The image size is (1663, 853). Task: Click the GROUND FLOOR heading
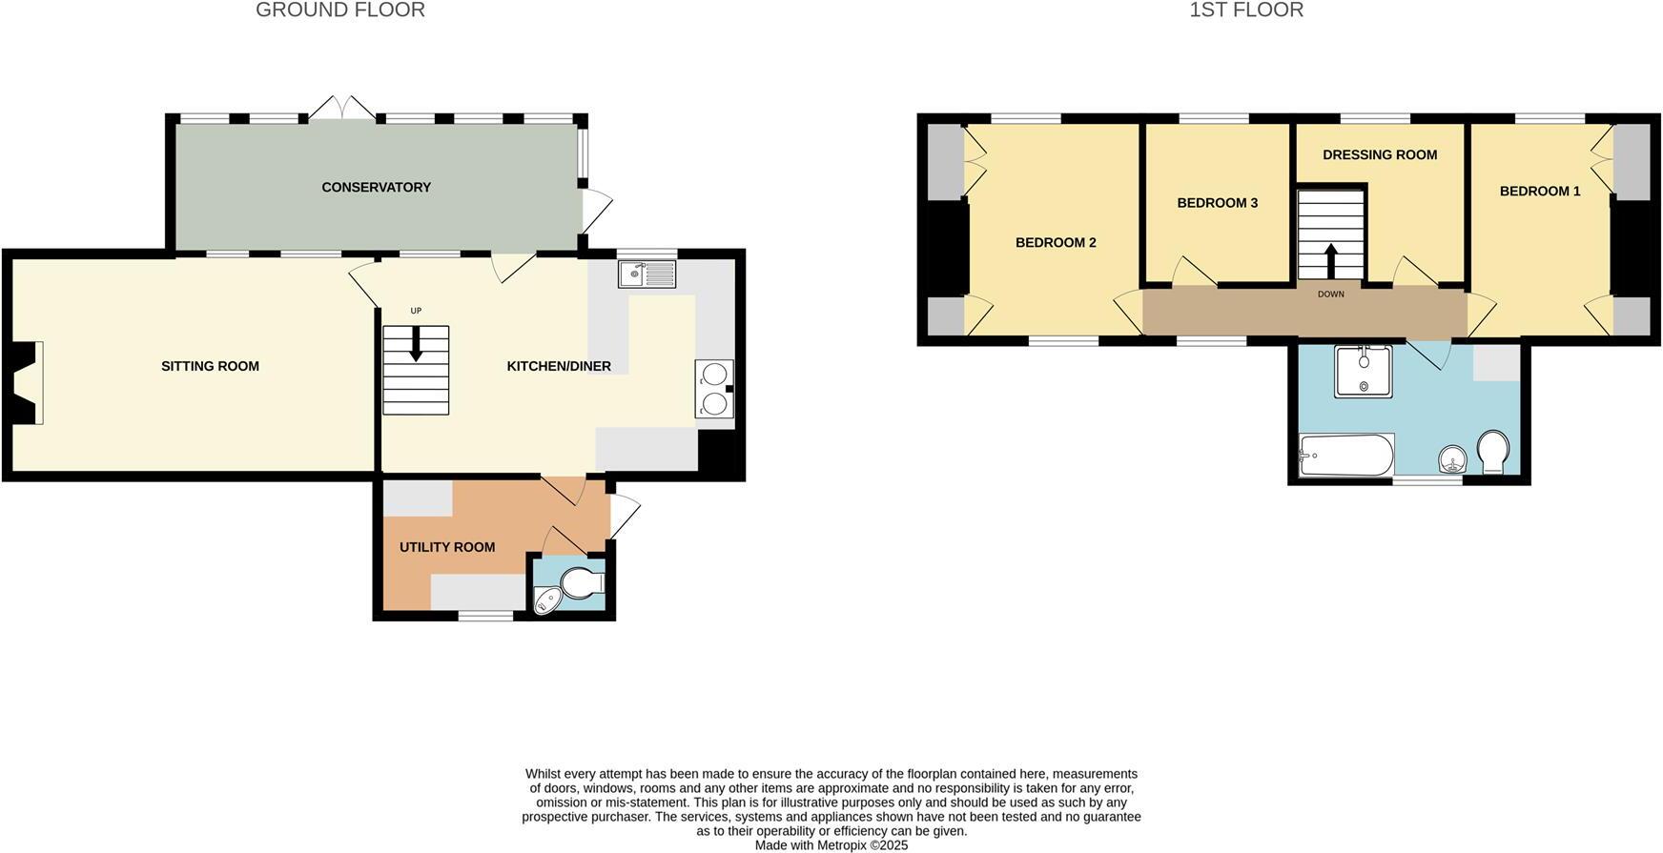pyautogui.click(x=340, y=10)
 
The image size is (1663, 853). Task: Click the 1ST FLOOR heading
pyautogui.click(x=1245, y=10)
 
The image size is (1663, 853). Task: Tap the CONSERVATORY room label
pyautogui.click(x=376, y=188)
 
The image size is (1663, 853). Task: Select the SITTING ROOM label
pyautogui.click(x=210, y=366)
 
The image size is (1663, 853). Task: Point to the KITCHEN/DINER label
pyautogui.click(x=558, y=366)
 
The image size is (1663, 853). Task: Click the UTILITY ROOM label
pyautogui.click(x=446, y=547)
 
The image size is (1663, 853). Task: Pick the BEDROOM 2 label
pyautogui.click(x=1055, y=243)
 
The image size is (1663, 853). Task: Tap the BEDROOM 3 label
pyautogui.click(x=1217, y=203)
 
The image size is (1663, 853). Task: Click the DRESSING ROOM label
pyautogui.click(x=1379, y=155)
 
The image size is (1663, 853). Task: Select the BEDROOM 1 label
pyautogui.click(x=1539, y=192)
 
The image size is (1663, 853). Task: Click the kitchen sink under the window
pyautogui.click(x=647, y=274)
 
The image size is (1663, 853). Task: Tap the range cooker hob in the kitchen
pyautogui.click(x=714, y=389)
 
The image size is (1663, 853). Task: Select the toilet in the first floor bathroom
pyautogui.click(x=1492, y=451)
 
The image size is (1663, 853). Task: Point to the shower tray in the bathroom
pyautogui.click(x=1364, y=372)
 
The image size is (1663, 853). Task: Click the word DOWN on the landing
pyautogui.click(x=1330, y=294)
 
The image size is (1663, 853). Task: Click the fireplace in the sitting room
pyautogui.click(x=29, y=383)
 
